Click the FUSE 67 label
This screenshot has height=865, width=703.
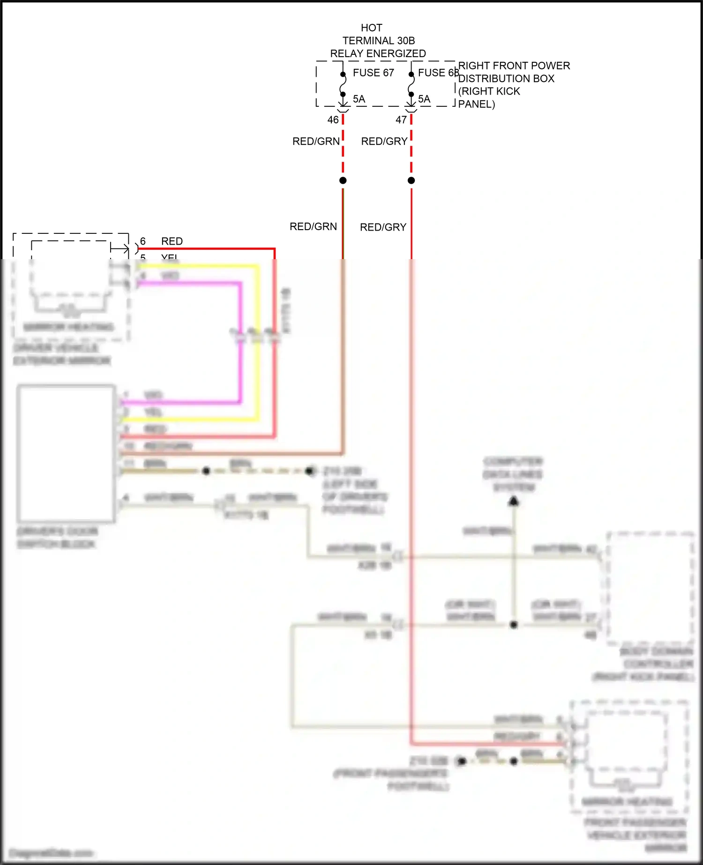[373, 73]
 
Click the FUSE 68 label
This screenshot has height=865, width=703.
[438, 73]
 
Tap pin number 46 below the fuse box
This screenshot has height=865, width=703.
[333, 120]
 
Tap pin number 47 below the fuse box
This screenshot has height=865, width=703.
[401, 120]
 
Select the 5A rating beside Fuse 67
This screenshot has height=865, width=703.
[359, 99]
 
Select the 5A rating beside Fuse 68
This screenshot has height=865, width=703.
[424, 99]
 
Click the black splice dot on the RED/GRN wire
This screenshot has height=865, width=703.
[343, 180]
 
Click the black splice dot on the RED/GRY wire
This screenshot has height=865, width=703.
[411, 180]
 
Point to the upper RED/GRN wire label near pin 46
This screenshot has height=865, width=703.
[316, 142]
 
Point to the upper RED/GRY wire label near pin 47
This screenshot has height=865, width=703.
[384, 142]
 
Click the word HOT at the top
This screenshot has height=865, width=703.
[372, 28]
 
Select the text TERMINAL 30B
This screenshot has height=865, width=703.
[379, 41]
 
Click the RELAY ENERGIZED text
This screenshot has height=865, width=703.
[378, 54]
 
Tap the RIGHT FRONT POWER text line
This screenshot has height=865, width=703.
[514, 66]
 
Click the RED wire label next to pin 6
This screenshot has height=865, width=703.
[172, 241]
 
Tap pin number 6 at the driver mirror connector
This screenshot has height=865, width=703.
[143, 241]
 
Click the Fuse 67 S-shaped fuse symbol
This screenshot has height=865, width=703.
[343, 84]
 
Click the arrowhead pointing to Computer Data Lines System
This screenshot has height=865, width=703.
[514, 502]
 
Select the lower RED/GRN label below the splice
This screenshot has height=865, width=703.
[313, 227]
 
